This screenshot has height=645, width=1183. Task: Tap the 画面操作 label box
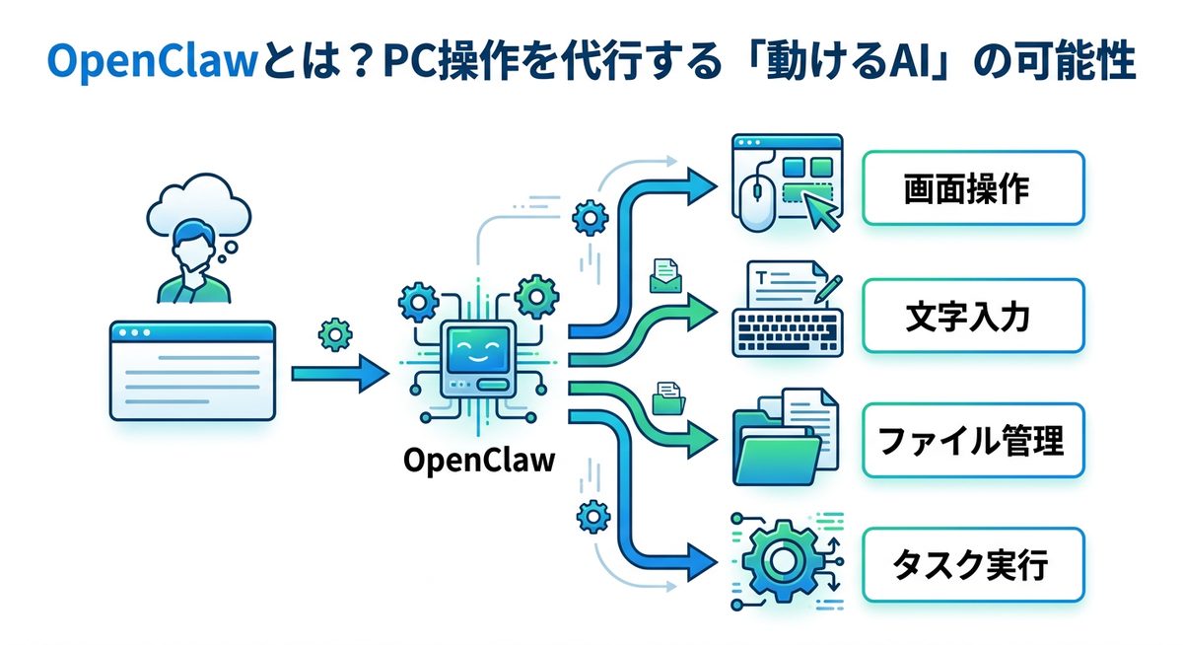(x=972, y=188)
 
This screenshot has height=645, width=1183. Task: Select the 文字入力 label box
(x=972, y=317)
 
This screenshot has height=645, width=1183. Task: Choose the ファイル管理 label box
(x=972, y=441)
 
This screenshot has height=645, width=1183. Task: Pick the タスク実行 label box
(x=972, y=566)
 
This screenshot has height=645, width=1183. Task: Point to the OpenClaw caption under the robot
(x=478, y=460)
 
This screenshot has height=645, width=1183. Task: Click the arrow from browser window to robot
(x=339, y=373)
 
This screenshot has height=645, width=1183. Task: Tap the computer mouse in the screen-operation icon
(x=756, y=201)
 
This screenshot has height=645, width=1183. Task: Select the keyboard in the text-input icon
(x=786, y=326)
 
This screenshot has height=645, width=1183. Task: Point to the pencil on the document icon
(x=827, y=287)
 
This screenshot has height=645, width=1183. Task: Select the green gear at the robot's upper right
(x=537, y=293)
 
